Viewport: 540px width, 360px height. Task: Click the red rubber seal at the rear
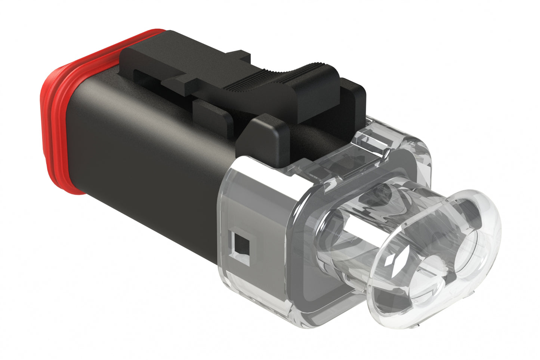(56, 112)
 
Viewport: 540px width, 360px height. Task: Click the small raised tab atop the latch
(240, 56)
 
